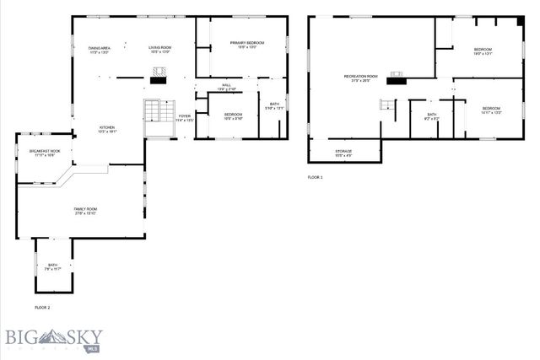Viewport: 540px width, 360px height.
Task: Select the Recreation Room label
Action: pos(360,78)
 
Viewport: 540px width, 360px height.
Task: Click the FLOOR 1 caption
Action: pos(315,178)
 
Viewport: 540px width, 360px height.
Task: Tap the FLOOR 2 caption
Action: pos(42,308)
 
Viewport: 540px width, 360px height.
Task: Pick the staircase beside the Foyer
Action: pos(154,113)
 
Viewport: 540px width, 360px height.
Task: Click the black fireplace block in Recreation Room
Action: pos(394,82)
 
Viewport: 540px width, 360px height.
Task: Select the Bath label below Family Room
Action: pos(53,266)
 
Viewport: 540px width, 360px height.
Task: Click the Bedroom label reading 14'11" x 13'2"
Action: pos(491,110)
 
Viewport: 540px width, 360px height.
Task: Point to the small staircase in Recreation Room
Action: pos(386,105)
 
